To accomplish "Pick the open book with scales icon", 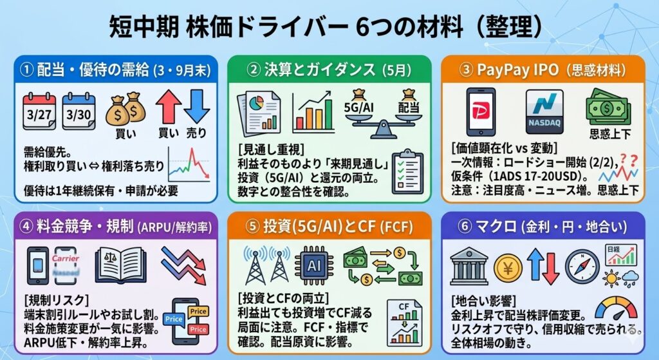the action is pyautogui.click(x=122, y=265).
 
